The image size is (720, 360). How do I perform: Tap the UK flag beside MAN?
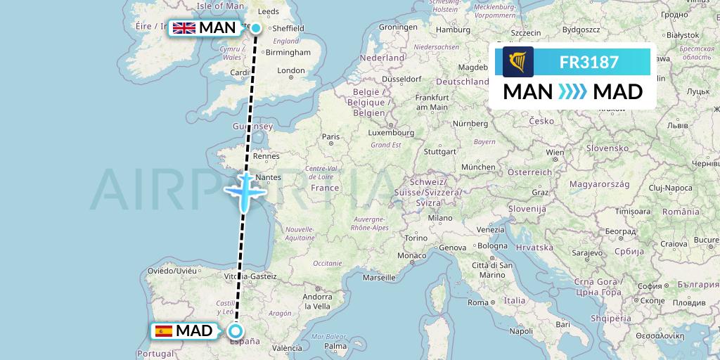184,28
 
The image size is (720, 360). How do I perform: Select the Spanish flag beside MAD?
163,331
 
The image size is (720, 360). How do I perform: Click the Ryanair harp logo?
518,62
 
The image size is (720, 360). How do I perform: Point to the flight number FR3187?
589,62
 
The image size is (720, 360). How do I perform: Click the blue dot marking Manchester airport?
256,28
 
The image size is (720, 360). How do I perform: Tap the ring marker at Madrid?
236,331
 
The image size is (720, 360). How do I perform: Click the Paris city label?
330,136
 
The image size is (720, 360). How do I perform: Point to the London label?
291,70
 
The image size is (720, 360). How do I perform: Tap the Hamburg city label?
453,30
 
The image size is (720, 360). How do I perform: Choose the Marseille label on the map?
378,278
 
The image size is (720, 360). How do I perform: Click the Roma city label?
478,302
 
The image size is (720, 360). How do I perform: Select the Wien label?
555,151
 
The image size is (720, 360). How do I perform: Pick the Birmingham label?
288,52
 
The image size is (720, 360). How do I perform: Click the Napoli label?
522,330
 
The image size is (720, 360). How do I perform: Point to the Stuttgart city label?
442,150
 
